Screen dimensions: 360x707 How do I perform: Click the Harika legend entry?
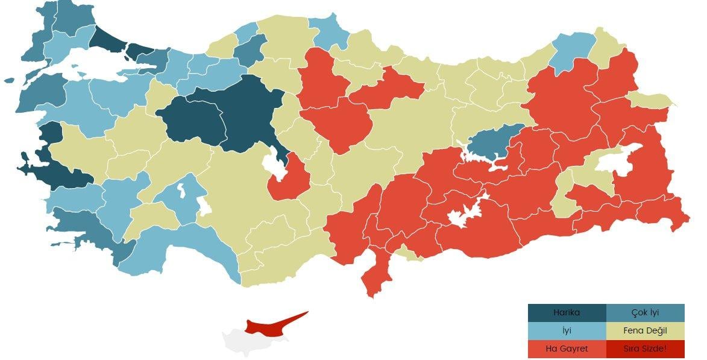pyautogui.click(x=567, y=313)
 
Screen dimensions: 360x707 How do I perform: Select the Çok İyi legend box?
pyautogui.click(x=645, y=313)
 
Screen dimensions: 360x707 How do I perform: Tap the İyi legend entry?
pyautogui.click(x=567, y=331)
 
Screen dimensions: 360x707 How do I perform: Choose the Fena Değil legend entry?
pyautogui.click(x=645, y=331)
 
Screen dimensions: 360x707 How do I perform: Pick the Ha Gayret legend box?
pyautogui.click(x=567, y=349)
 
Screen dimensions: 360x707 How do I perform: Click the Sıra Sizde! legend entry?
pyautogui.click(x=645, y=349)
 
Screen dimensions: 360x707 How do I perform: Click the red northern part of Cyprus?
pyautogui.click(x=271, y=326)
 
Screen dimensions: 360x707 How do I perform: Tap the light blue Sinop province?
pyautogui.click(x=328, y=33)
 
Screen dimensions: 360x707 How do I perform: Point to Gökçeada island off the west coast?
pyautogui.click(x=8, y=80)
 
